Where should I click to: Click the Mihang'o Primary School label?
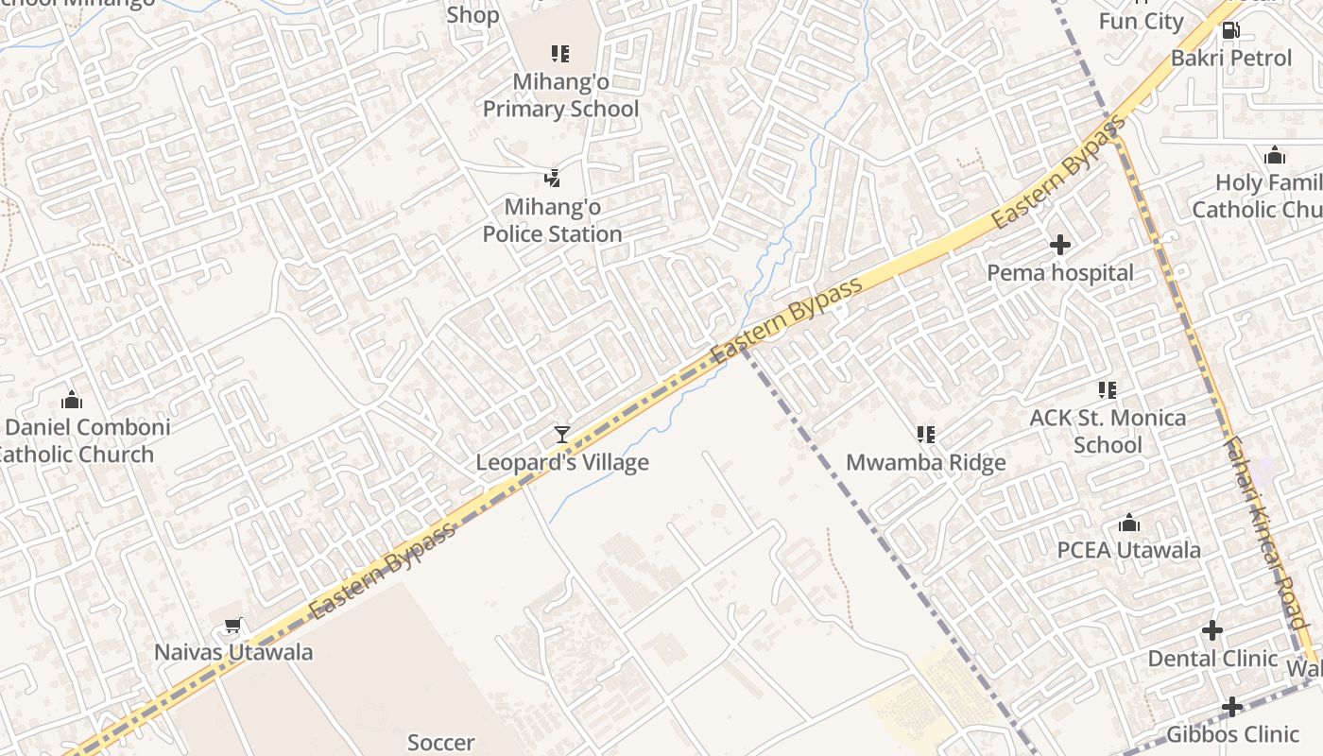[x=560, y=95]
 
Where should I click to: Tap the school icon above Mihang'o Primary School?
[x=560, y=54]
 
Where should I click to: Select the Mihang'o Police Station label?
[x=552, y=220]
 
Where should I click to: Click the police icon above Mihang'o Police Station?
[x=553, y=178]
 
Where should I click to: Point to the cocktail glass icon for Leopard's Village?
[x=562, y=435]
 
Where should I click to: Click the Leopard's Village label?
[x=562, y=462]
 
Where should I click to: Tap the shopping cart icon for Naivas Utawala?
[x=233, y=625]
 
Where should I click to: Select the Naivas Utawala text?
[x=233, y=652]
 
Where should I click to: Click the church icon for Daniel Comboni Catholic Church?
[x=72, y=400]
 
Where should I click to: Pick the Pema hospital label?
[x=1060, y=273]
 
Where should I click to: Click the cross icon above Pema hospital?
[x=1060, y=245]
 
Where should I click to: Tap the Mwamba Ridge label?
[x=925, y=463]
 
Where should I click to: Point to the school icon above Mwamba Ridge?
[x=926, y=435]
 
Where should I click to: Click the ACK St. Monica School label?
[x=1108, y=431]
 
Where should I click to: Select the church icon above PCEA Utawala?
[x=1129, y=523]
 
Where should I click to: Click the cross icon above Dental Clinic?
[x=1212, y=630]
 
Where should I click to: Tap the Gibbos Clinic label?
[x=1232, y=734]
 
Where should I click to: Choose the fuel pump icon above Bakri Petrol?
[x=1230, y=30]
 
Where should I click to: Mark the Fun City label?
[x=1142, y=21]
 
